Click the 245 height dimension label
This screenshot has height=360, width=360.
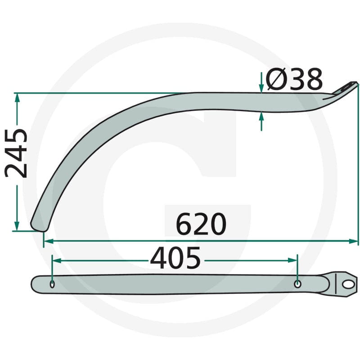pos(16,153)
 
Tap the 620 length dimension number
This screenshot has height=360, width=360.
pos(201,224)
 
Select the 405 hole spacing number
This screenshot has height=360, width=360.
pos(175,258)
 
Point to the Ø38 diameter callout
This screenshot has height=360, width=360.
pos(294,79)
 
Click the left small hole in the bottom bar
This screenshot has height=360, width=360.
pos(52,284)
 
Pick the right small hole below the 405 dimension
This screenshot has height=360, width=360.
pos(297,284)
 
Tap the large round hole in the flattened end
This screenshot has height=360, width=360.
pos(348,285)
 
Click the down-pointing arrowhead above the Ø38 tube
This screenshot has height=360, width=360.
pos(261,88)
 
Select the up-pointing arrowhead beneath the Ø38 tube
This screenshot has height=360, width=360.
pos(261,117)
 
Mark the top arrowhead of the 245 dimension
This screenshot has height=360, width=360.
pos(17,97)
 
